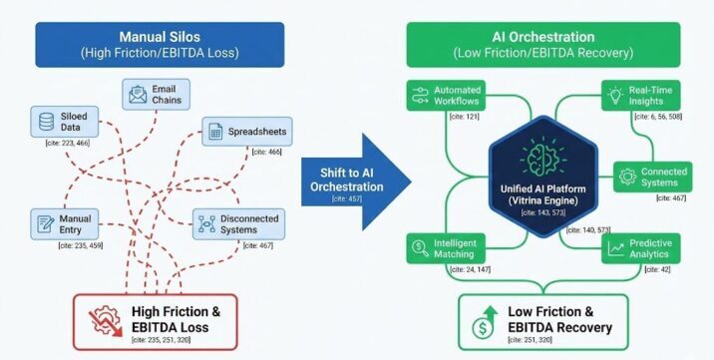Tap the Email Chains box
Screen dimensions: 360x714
[x=155, y=95]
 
